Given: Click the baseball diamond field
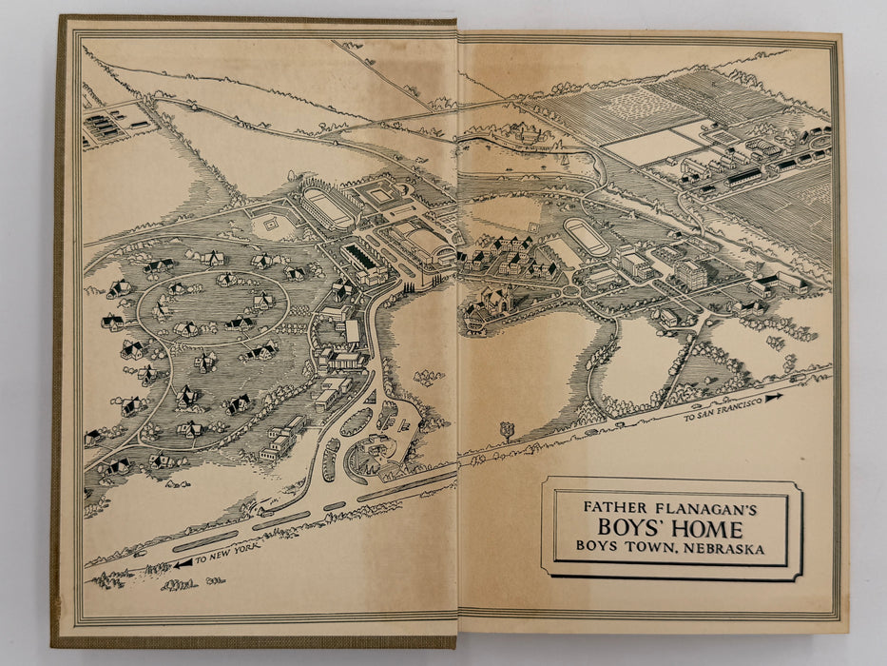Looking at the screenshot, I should pyautogui.click(x=269, y=226).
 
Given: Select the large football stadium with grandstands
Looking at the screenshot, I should pyautogui.click(x=327, y=207).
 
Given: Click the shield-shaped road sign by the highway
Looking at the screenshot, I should pyautogui.click(x=506, y=430).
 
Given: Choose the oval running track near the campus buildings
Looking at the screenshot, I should pyautogui.click(x=586, y=236).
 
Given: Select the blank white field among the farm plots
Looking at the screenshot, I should pyautogui.click(x=654, y=146).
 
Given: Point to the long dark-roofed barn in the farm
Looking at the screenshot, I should pyautogui.click(x=743, y=176).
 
